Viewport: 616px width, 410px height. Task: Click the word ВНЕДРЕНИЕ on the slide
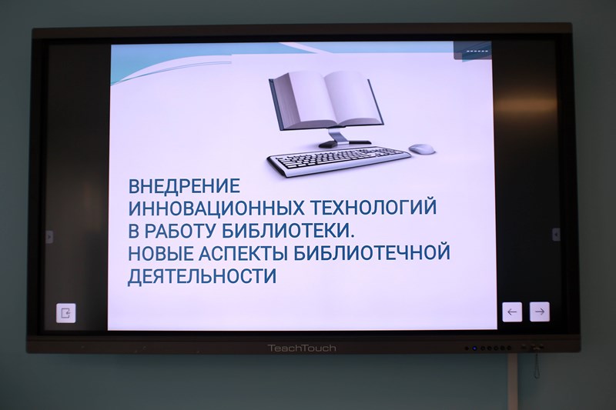[184, 185]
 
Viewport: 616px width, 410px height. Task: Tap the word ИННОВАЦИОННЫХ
[216, 208]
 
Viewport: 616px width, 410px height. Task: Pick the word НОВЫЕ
[161, 253]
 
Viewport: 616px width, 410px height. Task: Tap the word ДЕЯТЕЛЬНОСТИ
[203, 276]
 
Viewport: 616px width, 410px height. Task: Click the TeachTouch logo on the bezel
[302, 348]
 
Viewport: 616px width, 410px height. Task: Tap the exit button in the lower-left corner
[65, 313]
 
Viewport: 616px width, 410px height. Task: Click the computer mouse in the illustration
[421, 148]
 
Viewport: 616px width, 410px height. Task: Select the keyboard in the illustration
[339, 160]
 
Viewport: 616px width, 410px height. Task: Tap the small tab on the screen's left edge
[49, 237]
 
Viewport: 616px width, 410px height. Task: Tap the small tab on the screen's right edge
[556, 234]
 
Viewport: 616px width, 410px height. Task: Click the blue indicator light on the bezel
[474, 348]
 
